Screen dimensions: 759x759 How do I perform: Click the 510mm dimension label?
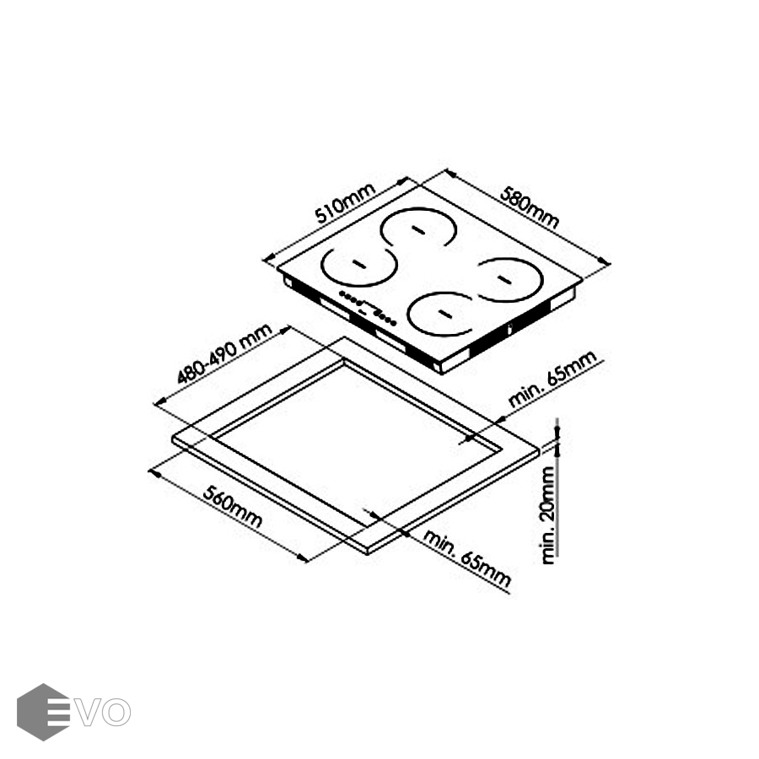click(345, 202)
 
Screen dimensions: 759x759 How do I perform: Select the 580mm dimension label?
click(529, 207)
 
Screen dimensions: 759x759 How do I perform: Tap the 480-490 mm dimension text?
click(224, 354)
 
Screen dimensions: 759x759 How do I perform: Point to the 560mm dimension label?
click(233, 506)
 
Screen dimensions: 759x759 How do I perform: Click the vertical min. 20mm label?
click(548, 515)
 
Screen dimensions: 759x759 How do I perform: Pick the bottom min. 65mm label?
click(467, 558)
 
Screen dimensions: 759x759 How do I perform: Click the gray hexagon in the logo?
click(43, 712)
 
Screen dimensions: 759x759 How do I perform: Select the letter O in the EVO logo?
click(116, 712)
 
